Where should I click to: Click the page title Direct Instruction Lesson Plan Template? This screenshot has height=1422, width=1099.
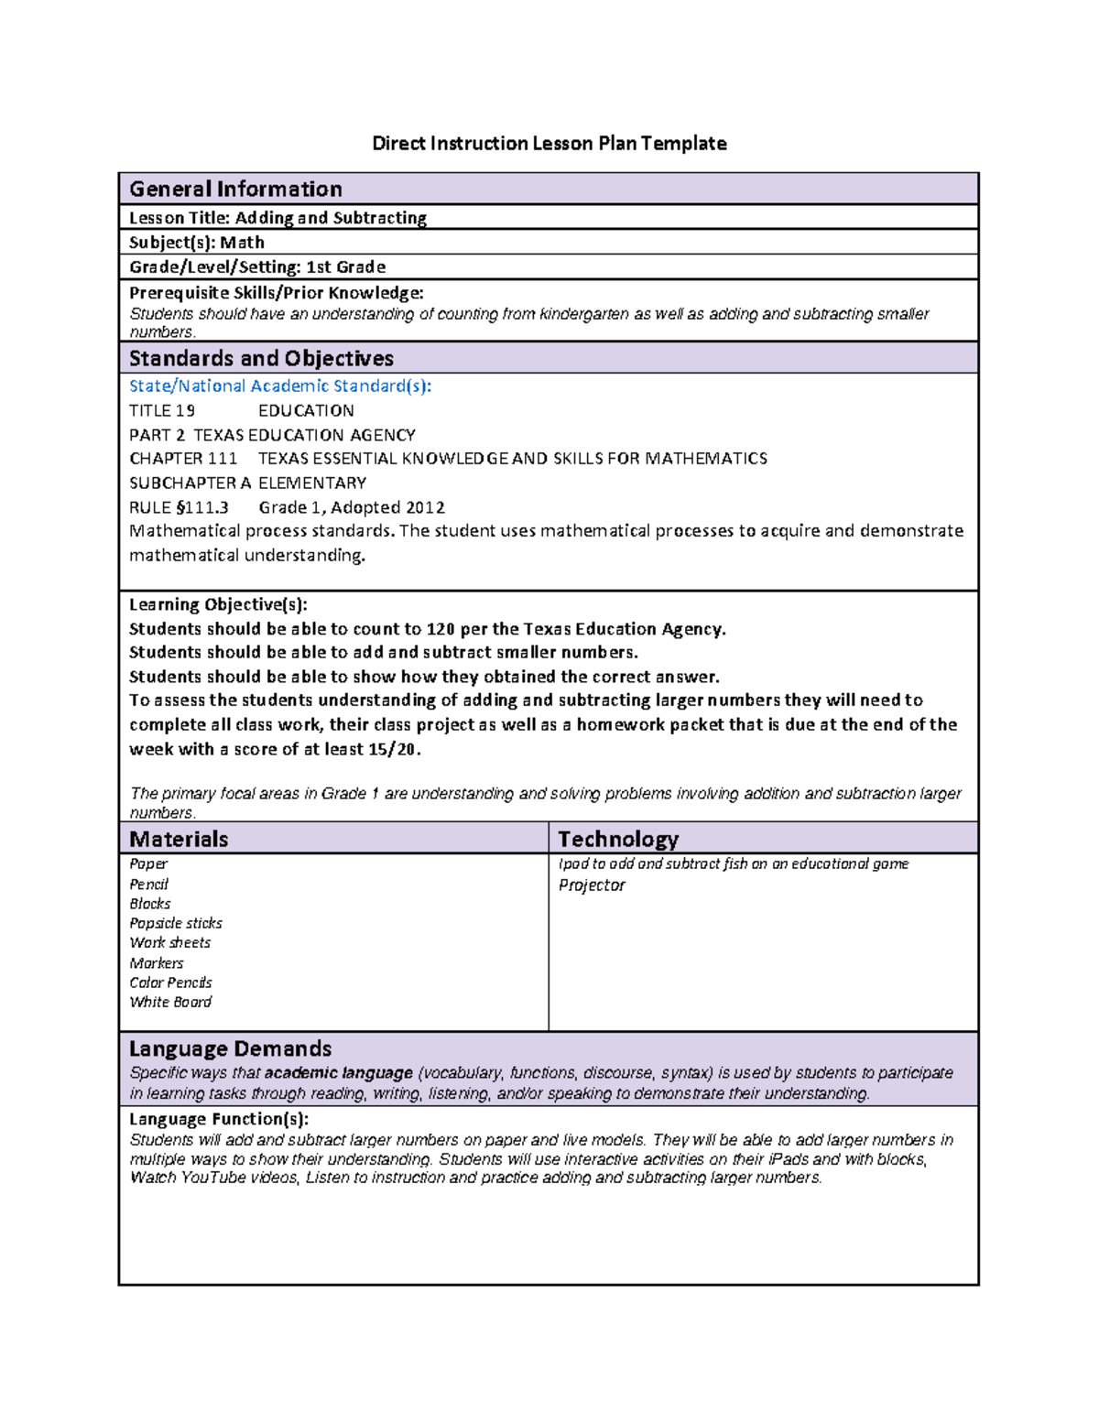pyautogui.click(x=549, y=144)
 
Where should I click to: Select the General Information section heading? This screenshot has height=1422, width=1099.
pyautogui.click(x=235, y=190)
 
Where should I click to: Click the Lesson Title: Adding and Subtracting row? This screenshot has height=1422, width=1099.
pyautogui.click(x=277, y=218)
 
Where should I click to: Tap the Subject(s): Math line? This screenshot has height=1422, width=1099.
pyautogui.click(x=196, y=243)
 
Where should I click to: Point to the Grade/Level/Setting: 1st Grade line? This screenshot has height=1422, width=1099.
pyautogui.click(x=256, y=267)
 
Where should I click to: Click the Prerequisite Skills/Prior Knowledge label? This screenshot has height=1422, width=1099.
pyautogui.click(x=276, y=293)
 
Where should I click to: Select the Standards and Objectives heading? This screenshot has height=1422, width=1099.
pyautogui.click(x=261, y=359)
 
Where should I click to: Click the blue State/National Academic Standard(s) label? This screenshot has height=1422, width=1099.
pyautogui.click(x=279, y=386)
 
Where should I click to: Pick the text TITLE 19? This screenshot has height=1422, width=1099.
pyautogui.click(x=162, y=411)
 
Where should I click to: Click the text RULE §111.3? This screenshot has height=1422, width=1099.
pyautogui.click(x=179, y=508)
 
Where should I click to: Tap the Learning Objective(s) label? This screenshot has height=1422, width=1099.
pyautogui.click(x=218, y=604)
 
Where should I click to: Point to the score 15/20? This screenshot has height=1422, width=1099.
pyautogui.click(x=392, y=749)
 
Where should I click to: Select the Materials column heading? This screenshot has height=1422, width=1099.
pyautogui.click(x=179, y=840)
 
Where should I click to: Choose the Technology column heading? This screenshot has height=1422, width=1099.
pyautogui.click(x=618, y=840)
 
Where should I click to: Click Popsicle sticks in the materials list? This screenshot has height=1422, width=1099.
pyautogui.click(x=175, y=924)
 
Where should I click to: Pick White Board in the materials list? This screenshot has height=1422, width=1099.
pyautogui.click(x=170, y=1003)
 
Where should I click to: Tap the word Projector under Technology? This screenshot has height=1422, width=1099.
pyautogui.click(x=592, y=885)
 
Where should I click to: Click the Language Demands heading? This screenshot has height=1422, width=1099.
pyautogui.click(x=230, y=1049)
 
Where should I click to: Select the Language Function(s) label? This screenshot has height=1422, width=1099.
pyautogui.click(x=218, y=1119)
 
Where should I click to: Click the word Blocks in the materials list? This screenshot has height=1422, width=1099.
pyautogui.click(x=149, y=904)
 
